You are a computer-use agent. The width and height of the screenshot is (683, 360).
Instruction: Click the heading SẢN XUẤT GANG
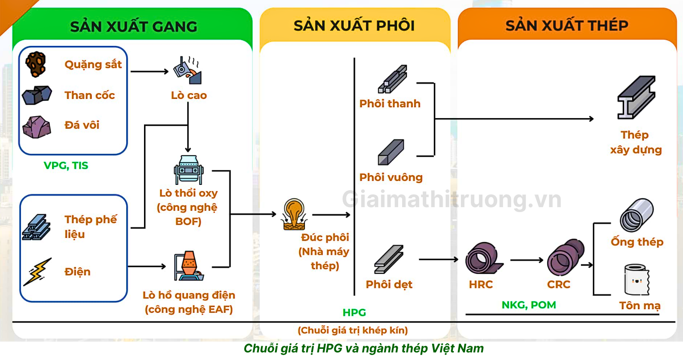(x=133, y=26)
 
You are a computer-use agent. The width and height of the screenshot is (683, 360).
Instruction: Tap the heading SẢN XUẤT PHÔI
(x=354, y=25)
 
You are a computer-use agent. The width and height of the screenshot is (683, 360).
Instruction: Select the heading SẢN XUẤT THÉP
(x=567, y=25)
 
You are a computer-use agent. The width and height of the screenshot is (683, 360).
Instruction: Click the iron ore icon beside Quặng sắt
(x=36, y=64)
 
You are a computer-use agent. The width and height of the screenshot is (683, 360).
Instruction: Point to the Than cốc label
(x=90, y=95)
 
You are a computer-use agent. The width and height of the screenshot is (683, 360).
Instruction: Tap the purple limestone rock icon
(x=37, y=127)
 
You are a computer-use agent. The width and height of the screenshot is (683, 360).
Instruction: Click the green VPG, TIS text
(x=66, y=166)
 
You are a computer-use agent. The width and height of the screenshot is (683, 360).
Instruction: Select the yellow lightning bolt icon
(x=37, y=271)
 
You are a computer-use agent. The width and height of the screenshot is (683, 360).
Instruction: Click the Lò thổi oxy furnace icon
(x=189, y=170)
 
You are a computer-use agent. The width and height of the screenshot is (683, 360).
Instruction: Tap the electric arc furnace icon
(x=189, y=266)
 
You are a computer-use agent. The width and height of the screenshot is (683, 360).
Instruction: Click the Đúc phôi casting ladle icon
(x=295, y=215)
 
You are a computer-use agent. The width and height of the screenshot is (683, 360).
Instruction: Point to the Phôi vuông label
(x=391, y=177)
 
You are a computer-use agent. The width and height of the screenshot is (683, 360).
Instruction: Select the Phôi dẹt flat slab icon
(x=389, y=259)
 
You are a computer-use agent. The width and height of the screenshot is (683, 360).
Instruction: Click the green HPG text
(x=354, y=313)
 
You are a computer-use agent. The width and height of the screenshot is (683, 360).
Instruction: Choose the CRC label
(x=559, y=284)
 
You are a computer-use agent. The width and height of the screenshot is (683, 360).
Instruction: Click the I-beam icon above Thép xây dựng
(x=636, y=98)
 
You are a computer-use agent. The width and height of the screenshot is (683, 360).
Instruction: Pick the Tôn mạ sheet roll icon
(x=637, y=279)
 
